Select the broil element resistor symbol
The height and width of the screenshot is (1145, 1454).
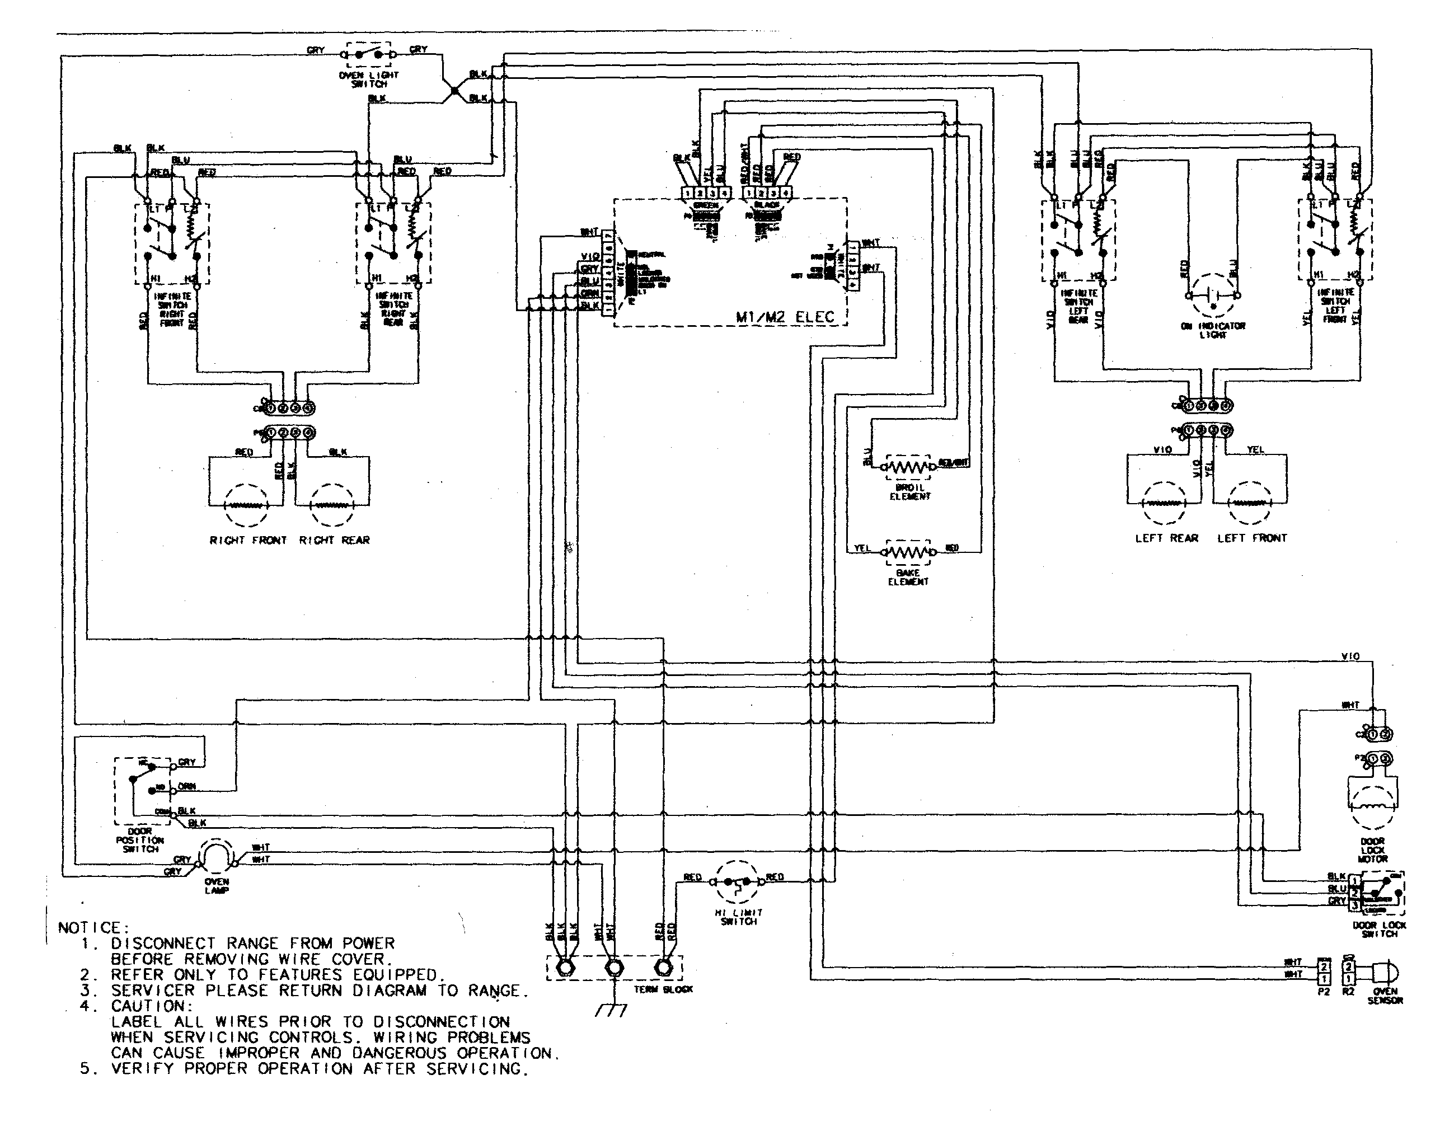(x=908, y=466)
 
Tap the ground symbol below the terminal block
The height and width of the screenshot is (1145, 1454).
(x=611, y=1010)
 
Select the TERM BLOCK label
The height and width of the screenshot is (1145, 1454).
(x=664, y=989)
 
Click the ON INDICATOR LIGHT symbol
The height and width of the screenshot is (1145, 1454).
(x=1213, y=295)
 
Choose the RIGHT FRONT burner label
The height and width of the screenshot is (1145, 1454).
(x=248, y=541)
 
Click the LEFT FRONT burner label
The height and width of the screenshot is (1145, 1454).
(x=1251, y=538)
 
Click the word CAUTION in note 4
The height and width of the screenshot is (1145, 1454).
(x=152, y=1006)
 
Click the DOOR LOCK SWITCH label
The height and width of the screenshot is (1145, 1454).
(x=1379, y=929)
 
